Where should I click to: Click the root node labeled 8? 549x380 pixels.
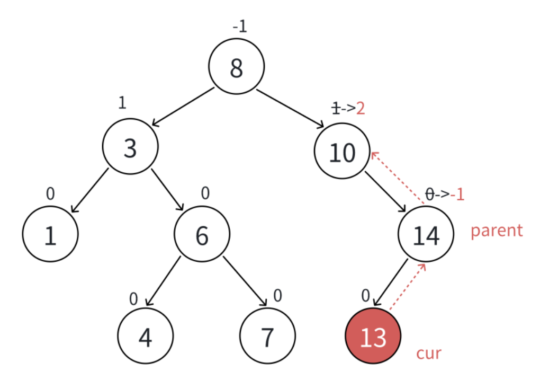(x=236, y=67)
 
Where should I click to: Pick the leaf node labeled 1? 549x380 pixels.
(x=50, y=234)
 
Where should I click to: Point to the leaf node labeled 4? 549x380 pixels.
(x=145, y=336)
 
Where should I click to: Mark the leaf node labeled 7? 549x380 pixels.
(x=267, y=336)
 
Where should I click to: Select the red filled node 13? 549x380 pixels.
(x=373, y=336)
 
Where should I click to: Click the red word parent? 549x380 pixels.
(x=496, y=231)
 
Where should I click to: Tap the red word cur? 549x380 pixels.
(x=428, y=354)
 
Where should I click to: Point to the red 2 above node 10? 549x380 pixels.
(x=361, y=109)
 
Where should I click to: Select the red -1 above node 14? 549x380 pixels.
(x=457, y=195)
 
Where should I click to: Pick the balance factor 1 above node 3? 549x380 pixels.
(x=122, y=102)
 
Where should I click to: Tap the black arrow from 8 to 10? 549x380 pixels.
(x=290, y=109)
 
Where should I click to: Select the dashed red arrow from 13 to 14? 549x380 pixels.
(x=408, y=286)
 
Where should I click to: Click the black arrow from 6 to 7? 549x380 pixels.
(x=245, y=281)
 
